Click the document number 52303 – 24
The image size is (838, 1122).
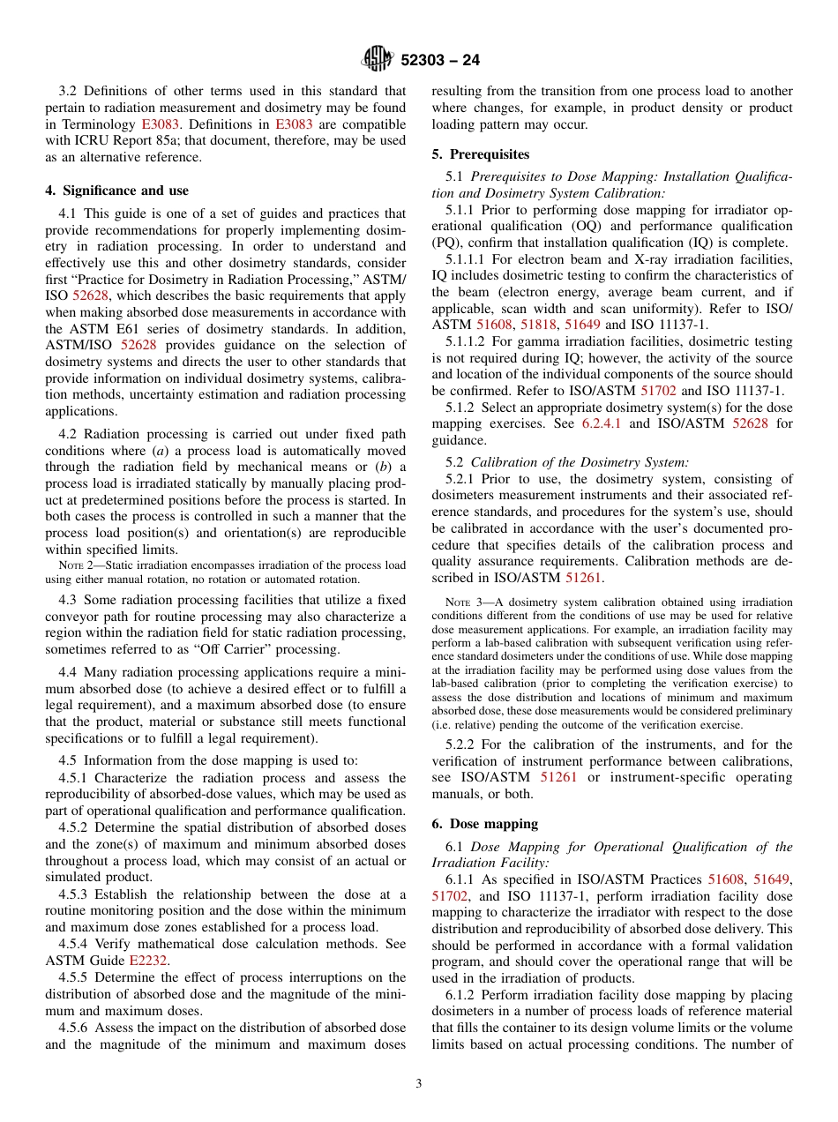tap(439, 61)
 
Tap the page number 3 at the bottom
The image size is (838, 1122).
tap(418, 1083)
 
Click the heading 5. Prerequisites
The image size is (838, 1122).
tap(481, 153)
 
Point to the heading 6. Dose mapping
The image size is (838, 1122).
tap(484, 823)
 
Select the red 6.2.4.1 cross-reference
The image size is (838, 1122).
tap(602, 423)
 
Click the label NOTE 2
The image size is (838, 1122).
tap(73, 565)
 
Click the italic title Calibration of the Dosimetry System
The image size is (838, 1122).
tap(580, 462)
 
